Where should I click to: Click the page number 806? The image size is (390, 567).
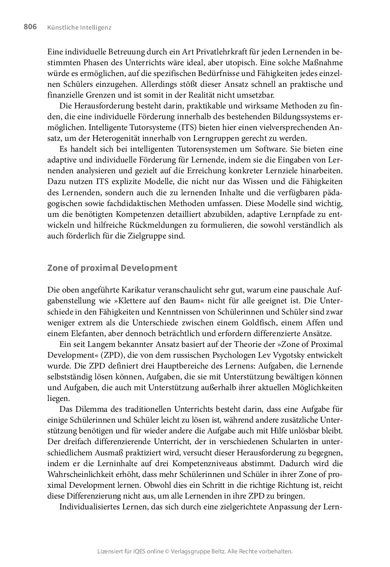point(30,27)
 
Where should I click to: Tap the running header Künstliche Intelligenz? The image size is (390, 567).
point(79,28)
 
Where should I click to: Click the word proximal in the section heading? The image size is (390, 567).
point(99,268)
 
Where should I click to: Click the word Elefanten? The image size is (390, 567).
point(80,333)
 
